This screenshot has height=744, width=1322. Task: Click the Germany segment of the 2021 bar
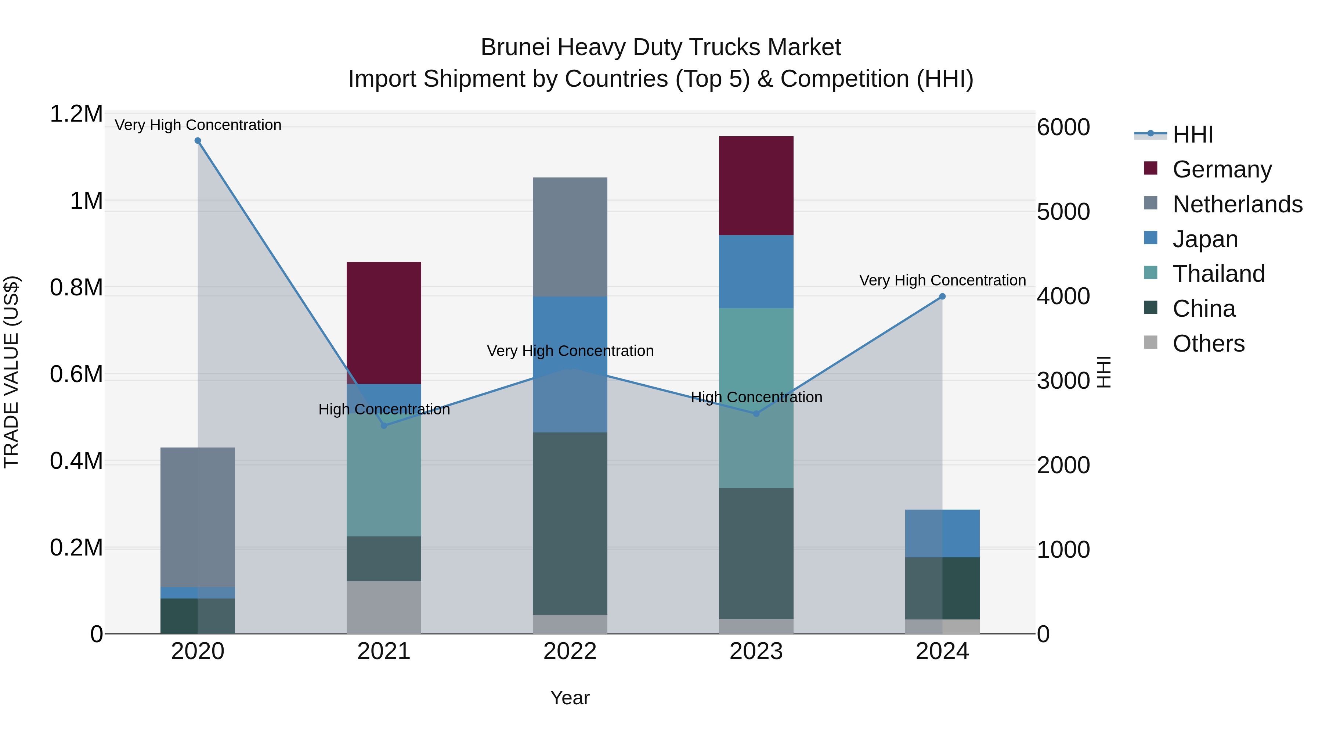pyautogui.click(x=384, y=323)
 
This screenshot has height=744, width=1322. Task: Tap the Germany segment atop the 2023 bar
pyautogui.click(x=756, y=186)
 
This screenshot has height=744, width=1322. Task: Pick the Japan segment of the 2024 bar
pyautogui.click(x=942, y=533)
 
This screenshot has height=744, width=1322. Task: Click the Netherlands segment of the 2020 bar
pyautogui.click(x=198, y=517)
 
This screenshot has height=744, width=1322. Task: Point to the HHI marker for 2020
pyautogui.click(x=198, y=141)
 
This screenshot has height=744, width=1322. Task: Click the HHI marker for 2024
pyautogui.click(x=942, y=296)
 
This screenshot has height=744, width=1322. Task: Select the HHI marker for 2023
pyautogui.click(x=756, y=413)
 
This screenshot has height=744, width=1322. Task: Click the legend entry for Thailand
pyautogui.click(x=1218, y=274)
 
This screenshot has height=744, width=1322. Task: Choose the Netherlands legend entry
pyautogui.click(x=1237, y=204)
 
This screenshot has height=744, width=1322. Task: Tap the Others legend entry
pyautogui.click(x=1208, y=344)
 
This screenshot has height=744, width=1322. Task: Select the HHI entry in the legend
pyautogui.click(x=1193, y=134)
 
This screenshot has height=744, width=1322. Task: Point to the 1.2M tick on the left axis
pyautogui.click(x=76, y=114)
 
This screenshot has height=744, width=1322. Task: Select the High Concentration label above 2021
pyautogui.click(x=384, y=409)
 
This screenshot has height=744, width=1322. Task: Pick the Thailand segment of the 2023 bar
pyautogui.click(x=756, y=398)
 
